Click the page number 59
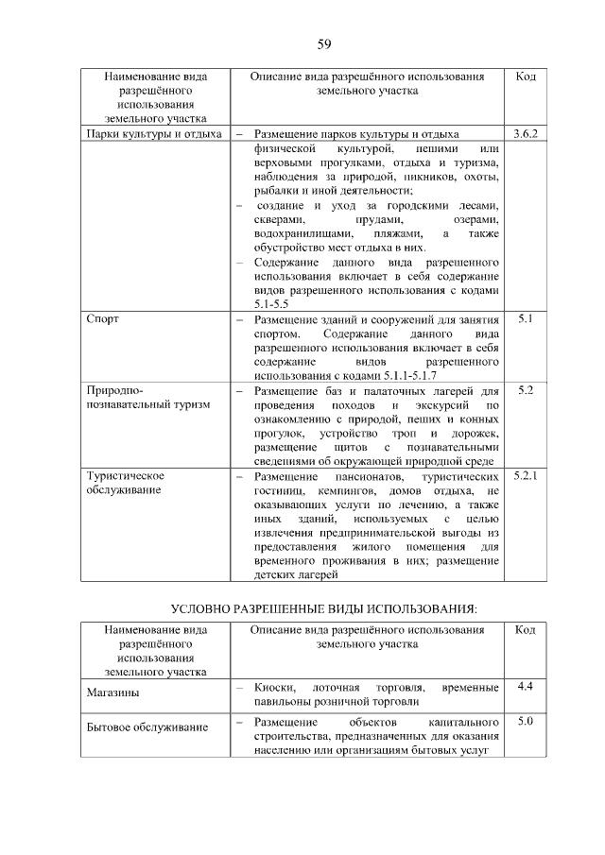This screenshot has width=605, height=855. [x=323, y=44]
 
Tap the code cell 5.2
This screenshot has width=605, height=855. [x=526, y=389]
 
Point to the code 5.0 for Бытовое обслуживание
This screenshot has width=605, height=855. [x=526, y=722]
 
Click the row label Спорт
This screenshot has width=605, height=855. [x=102, y=319]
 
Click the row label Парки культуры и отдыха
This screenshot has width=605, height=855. [x=152, y=134]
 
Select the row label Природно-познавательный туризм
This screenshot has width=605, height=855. [x=132, y=397]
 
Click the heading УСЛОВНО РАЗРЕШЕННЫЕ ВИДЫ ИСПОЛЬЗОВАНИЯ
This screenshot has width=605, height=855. [x=323, y=607]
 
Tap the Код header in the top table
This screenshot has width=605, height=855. [x=526, y=76]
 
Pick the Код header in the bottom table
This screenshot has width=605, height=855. [x=526, y=629]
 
